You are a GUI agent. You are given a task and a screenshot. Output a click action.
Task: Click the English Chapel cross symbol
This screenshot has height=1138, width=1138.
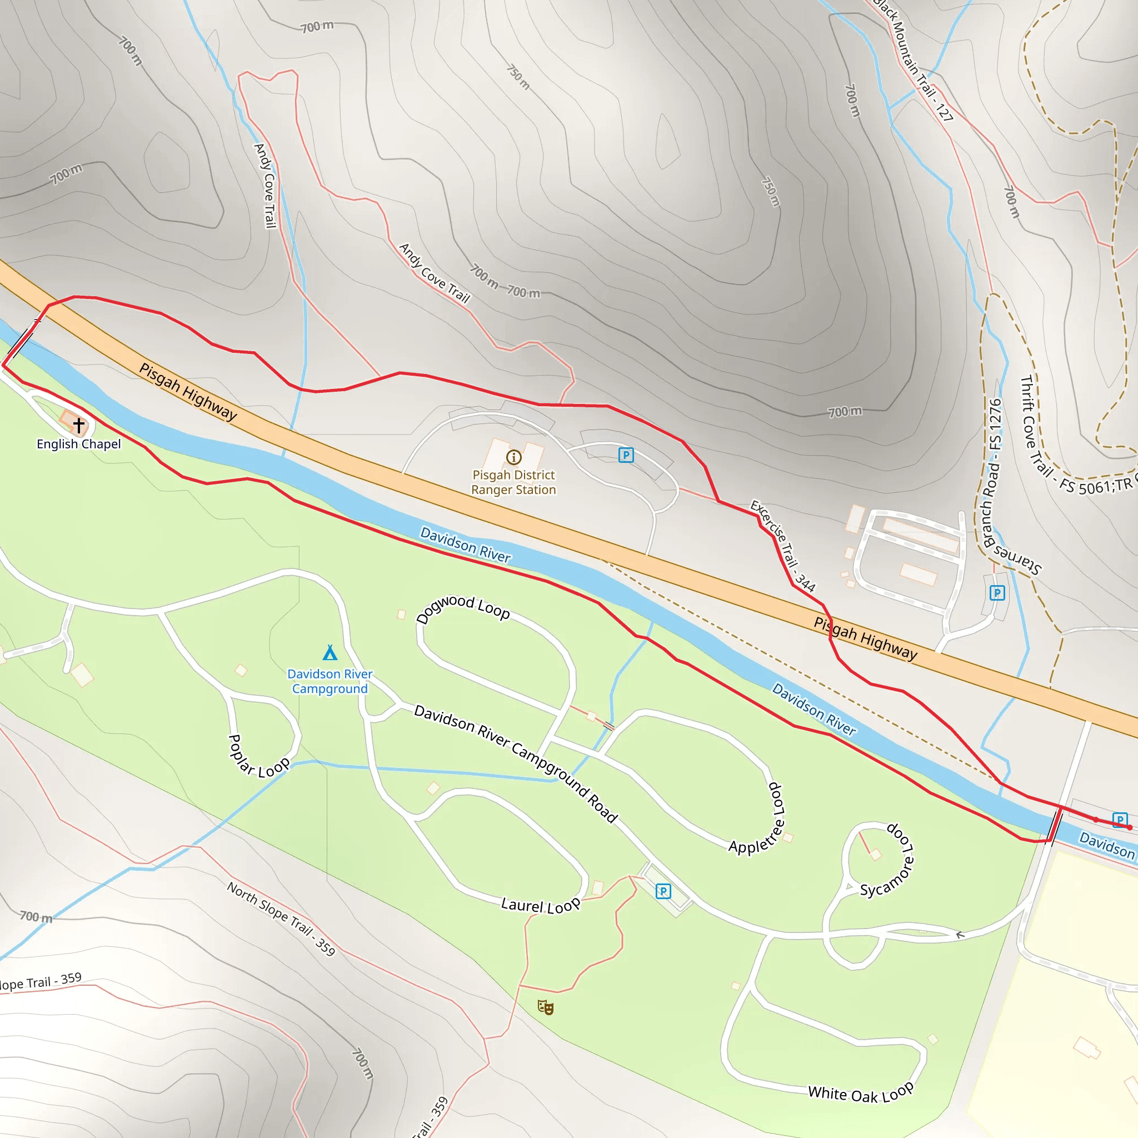[79, 425]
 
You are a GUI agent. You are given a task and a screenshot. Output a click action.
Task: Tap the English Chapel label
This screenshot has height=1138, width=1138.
[78, 444]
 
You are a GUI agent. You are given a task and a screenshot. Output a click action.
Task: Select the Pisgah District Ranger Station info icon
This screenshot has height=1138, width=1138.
[513, 457]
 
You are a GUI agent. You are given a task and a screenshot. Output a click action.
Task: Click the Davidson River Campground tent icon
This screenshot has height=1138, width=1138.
[330, 653]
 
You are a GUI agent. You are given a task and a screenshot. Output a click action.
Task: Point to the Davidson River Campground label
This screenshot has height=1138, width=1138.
[330, 681]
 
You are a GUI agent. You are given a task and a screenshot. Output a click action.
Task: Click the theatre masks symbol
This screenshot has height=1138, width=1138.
[546, 1007]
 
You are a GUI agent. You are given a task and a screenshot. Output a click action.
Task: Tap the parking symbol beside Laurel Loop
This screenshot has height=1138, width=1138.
[663, 891]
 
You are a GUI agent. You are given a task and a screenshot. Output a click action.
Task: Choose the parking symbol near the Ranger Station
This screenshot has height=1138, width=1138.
[626, 455]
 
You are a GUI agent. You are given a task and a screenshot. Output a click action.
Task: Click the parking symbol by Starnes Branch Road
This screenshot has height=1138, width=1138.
[997, 592]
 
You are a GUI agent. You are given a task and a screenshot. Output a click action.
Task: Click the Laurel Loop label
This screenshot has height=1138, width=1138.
[540, 905]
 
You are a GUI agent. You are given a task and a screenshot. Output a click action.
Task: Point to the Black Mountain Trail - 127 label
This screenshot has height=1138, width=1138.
[913, 60]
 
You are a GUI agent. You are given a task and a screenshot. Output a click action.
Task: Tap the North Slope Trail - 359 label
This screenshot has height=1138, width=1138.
[281, 919]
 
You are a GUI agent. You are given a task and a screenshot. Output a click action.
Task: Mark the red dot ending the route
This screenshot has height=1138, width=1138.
[1129, 827]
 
